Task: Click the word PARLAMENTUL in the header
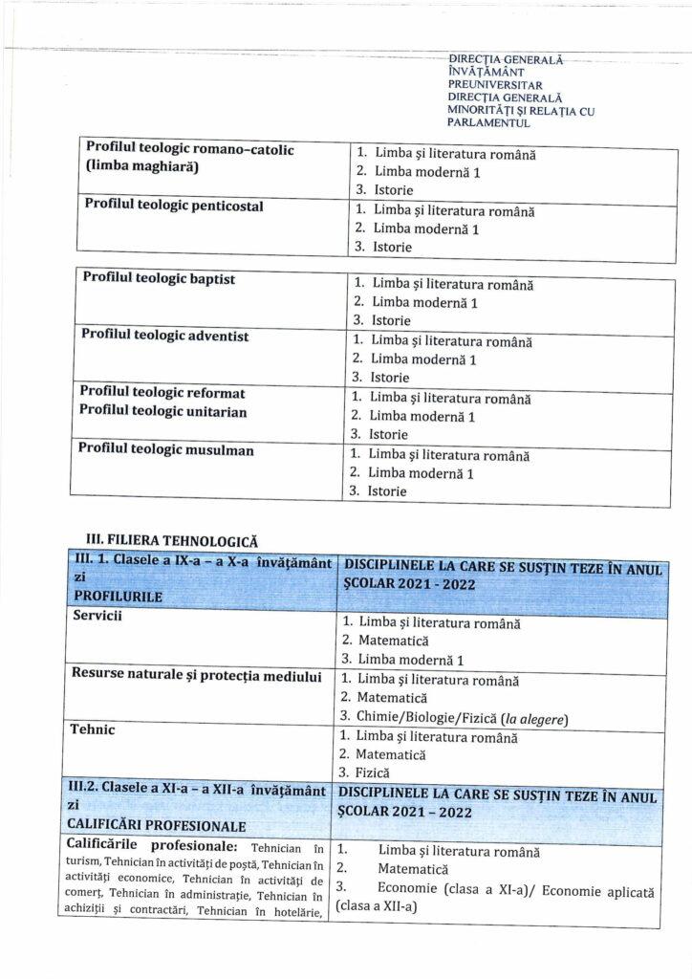click(489, 123)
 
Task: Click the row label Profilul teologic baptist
click(159, 278)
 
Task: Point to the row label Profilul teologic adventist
click(164, 336)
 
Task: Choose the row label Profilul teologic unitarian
click(162, 411)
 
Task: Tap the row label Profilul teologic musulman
click(165, 449)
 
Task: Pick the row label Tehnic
click(93, 729)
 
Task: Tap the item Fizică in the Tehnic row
click(374, 772)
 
